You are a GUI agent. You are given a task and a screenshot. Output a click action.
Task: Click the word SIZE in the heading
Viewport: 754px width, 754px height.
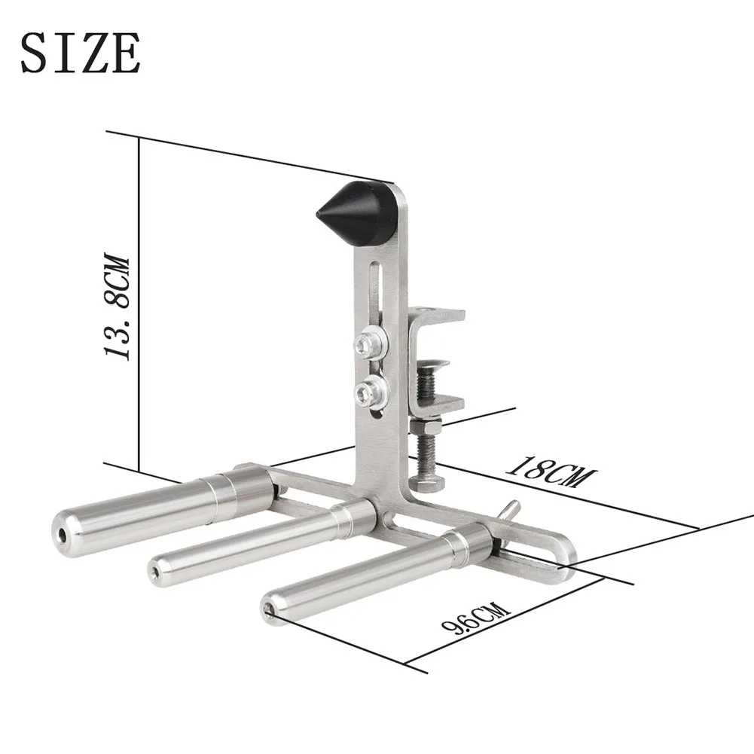(x=80, y=53)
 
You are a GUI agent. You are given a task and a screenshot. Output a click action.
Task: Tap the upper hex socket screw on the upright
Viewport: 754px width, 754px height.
(x=369, y=345)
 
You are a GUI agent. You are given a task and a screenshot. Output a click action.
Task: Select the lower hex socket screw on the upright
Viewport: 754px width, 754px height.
(x=370, y=390)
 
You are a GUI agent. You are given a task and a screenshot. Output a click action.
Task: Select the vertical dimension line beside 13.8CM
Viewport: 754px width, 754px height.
(x=140, y=301)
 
